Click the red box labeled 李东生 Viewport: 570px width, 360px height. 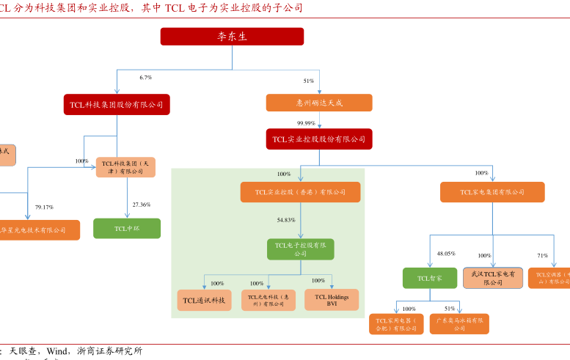(x=232, y=37)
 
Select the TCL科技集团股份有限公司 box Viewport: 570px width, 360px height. (x=117, y=105)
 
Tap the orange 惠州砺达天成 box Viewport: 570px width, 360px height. (x=319, y=103)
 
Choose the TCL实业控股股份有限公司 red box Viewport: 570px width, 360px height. (x=319, y=139)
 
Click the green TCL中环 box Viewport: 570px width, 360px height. (x=127, y=229)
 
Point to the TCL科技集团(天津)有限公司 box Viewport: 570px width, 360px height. (x=126, y=167)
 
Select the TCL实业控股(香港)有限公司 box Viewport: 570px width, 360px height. (x=300, y=192)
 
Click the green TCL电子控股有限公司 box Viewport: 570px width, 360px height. (x=301, y=249)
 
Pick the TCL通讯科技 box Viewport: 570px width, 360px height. (x=205, y=300)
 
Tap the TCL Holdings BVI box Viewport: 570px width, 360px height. (x=332, y=300)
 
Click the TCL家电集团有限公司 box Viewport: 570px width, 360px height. (x=492, y=192)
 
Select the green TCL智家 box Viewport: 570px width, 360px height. (x=430, y=279)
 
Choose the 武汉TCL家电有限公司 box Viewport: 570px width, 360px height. (x=492, y=278)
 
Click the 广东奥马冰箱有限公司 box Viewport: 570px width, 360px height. (x=459, y=324)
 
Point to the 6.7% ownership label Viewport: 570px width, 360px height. (x=145, y=77)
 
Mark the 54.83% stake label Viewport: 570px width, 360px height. (x=286, y=220)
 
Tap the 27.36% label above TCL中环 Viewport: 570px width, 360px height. (x=141, y=205)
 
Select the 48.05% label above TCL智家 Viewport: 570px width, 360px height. (x=446, y=253)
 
